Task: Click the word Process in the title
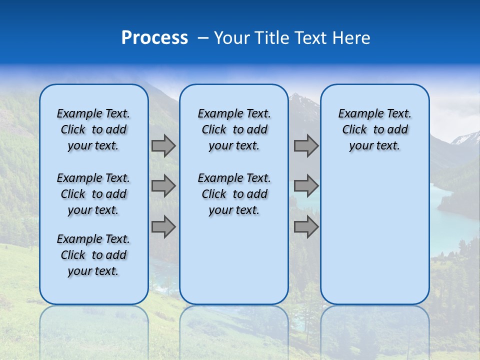pyautogui.click(x=154, y=38)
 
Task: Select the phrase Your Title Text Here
pyautogui.click(x=292, y=38)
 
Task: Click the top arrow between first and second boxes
pyautogui.click(x=163, y=146)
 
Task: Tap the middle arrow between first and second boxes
pyautogui.click(x=163, y=186)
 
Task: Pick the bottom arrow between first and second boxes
pyautogui.click(x=163, y=227)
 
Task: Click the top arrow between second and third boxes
pyautogui.click(x=306, y=146)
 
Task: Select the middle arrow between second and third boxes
pyautogui.click(x=306, y=186)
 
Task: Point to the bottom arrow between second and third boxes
pyautogui.click(x=306, y=227)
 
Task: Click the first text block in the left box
pyautogui.click(x=93, y=129)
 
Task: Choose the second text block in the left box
pyautogui.click(x=93, y=194)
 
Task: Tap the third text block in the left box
pyautogui.click(x=93, y=255)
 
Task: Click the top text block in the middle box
pyautogui.click(x=234, y=129)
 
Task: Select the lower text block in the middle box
pyautogui.click(x=234, y=194)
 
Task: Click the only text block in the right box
pyautogui.click(x=374, y=129)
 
